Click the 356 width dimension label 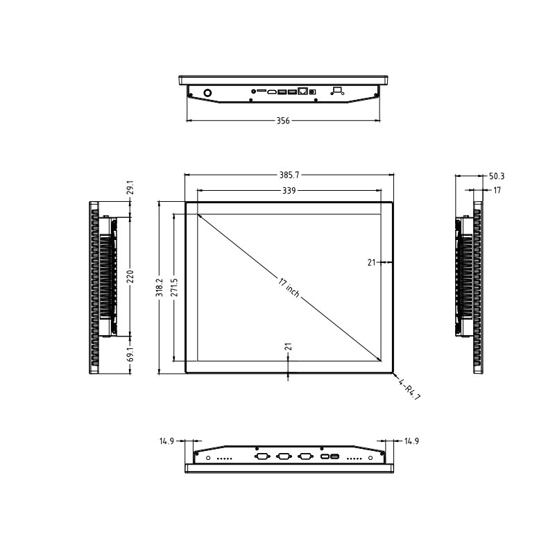283,121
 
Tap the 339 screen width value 289,189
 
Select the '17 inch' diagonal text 289,288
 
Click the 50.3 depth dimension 497,176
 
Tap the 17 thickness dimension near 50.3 497,189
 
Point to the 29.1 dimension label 130,187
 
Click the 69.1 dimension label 130,354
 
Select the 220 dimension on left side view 130,276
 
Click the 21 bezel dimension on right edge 371,262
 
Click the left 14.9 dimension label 166,441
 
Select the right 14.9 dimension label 411,441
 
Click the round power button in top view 207,92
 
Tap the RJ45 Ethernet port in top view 303,91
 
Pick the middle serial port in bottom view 283,456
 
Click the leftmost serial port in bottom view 262,456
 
